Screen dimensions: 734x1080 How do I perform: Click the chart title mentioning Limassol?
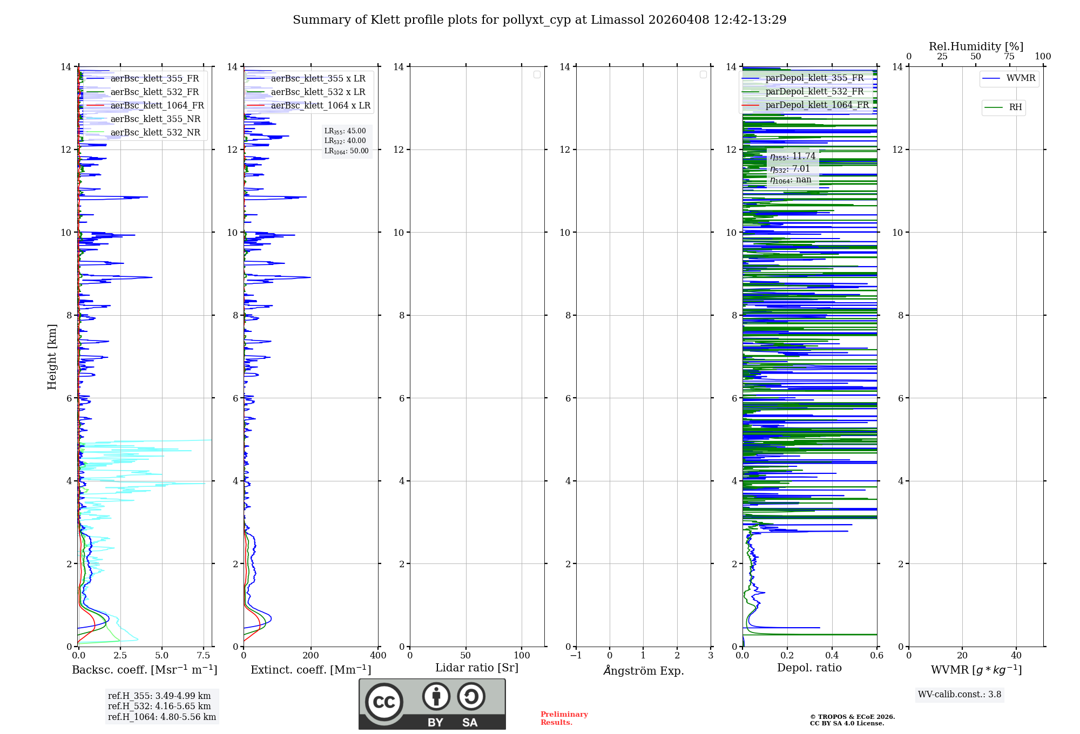pyautogui.click(x=539, y=20)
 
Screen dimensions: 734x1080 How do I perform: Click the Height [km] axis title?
pyautogui.click(x=52, y=357)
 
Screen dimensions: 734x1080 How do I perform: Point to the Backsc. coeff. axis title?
pyautogui.click(x=144, y=670)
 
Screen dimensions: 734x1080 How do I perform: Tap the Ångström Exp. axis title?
pyautogui.click(x=643, y=670)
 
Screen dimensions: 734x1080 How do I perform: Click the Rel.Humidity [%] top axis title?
pyautogui.click(x=976, y=46)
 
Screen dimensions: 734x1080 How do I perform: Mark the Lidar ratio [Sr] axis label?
pyautogui.click(x=476, y=668)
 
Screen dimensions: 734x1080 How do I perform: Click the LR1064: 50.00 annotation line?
pyautogui.click(x=346, y=151)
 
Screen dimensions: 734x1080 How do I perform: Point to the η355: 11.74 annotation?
pyautogui.click(x=792, y=157)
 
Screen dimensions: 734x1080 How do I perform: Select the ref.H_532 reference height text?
pyautogui.click(x=159, y=706)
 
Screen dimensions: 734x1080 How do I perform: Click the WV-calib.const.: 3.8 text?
pyautogui.click(x=959, y=695)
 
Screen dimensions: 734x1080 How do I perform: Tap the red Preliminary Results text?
pyautogui.click(x=564, y=718)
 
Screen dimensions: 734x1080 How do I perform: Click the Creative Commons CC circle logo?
pyautogui.click(x=384, y=702)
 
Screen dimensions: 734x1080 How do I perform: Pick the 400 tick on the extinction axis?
pyautogui.click(x=378, y=656)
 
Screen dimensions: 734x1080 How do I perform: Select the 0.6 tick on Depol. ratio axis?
pyautogui.click(x=876, y=656)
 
